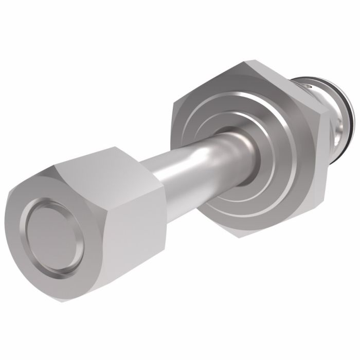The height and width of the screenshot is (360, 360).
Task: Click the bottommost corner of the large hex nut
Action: (238, 236)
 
